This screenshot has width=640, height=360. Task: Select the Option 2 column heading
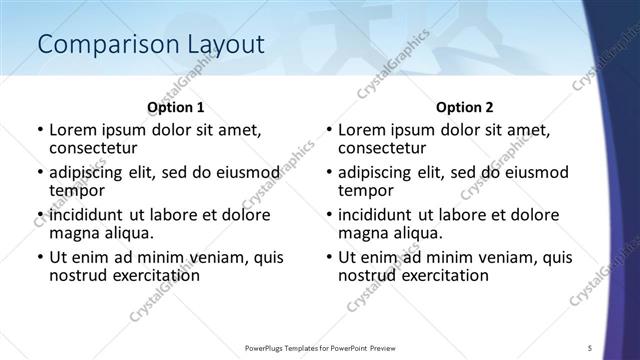click(464, 107)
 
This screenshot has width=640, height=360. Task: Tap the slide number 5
click(590, 347)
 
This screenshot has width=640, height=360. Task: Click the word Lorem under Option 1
click(74, 130)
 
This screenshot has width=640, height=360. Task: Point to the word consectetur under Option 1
click(94, 149)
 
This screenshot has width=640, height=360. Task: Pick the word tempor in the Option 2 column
click(364, 191)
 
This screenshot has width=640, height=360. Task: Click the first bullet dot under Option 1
click(39, 131)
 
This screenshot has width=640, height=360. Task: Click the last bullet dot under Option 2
click(328, 257)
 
